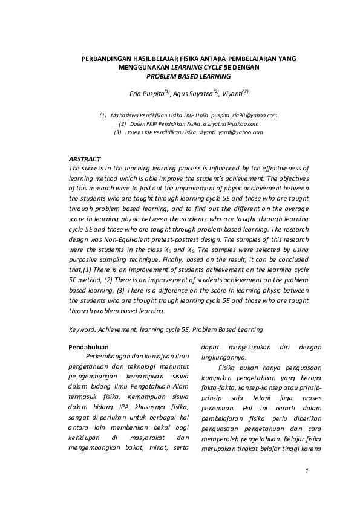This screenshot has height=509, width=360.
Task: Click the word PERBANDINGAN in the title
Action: click(x=103, y=60)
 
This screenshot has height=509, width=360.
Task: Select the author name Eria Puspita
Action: click(x=146, y=94)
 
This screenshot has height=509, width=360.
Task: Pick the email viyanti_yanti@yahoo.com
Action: click(x=230, y=132)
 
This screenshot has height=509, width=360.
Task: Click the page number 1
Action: click(x=307, y=471)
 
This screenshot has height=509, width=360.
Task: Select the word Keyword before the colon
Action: click(x=82, y=329)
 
